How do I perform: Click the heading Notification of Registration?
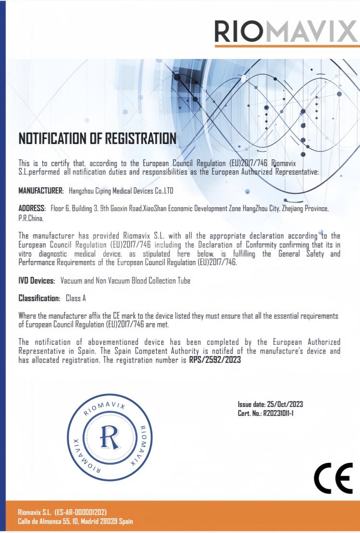point(97,139)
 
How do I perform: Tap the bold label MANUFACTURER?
point(41,191)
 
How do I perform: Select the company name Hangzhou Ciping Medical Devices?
point(120,191)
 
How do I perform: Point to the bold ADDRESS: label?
point(32,208)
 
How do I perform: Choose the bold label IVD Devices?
point(37,280)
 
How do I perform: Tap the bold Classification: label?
point(39,298)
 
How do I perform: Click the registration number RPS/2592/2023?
point(215,359)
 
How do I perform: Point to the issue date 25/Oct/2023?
point(285,404)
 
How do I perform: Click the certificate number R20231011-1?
point(278,413)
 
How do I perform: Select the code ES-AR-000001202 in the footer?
point(81,512)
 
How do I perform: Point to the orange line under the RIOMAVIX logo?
point(287,46)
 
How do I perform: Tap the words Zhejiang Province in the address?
point(304,208)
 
